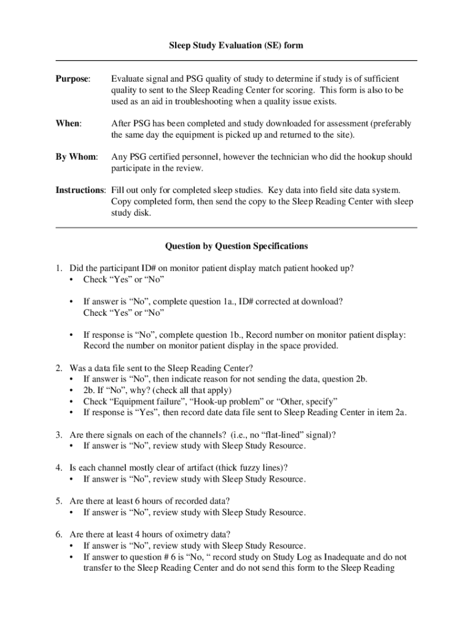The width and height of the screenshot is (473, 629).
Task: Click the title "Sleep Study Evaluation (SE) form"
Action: (x=237, y=45)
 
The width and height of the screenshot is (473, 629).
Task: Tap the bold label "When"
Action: (x=68, y=123)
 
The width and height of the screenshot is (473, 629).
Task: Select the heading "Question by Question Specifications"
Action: (x=237, y=246)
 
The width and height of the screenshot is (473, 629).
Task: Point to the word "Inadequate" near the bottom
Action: (x=329, y=557)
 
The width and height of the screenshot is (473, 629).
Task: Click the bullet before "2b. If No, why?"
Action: (x=72, y=391)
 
